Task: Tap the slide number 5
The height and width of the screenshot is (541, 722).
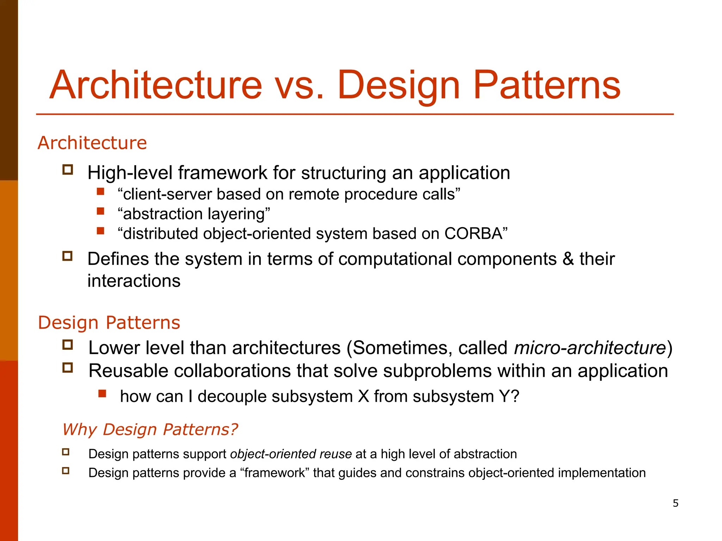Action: (x=675, y=503)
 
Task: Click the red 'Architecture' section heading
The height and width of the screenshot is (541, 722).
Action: (x=92, y=143)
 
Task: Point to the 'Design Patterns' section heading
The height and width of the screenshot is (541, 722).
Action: (x=109, y=323)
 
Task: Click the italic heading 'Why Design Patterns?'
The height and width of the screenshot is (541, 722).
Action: (x=150, y=429)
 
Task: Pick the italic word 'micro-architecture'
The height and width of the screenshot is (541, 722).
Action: (x=590, y=348)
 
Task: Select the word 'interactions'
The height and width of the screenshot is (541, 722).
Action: (x=134, y=281)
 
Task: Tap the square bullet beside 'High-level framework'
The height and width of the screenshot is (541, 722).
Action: (x=68, y=170)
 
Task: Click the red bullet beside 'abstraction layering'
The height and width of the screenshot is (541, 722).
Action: (x=101, y=211)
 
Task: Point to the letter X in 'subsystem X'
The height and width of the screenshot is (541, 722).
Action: (x=363, y=396)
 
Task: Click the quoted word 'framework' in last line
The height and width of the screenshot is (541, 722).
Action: (x=275, y=473)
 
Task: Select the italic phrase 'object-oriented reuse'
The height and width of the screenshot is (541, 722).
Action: (x=291, y=454)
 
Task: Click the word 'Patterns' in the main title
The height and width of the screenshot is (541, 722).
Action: (x=546, y=86)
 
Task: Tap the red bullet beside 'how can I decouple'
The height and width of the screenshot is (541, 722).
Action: (x=103, y=393)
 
